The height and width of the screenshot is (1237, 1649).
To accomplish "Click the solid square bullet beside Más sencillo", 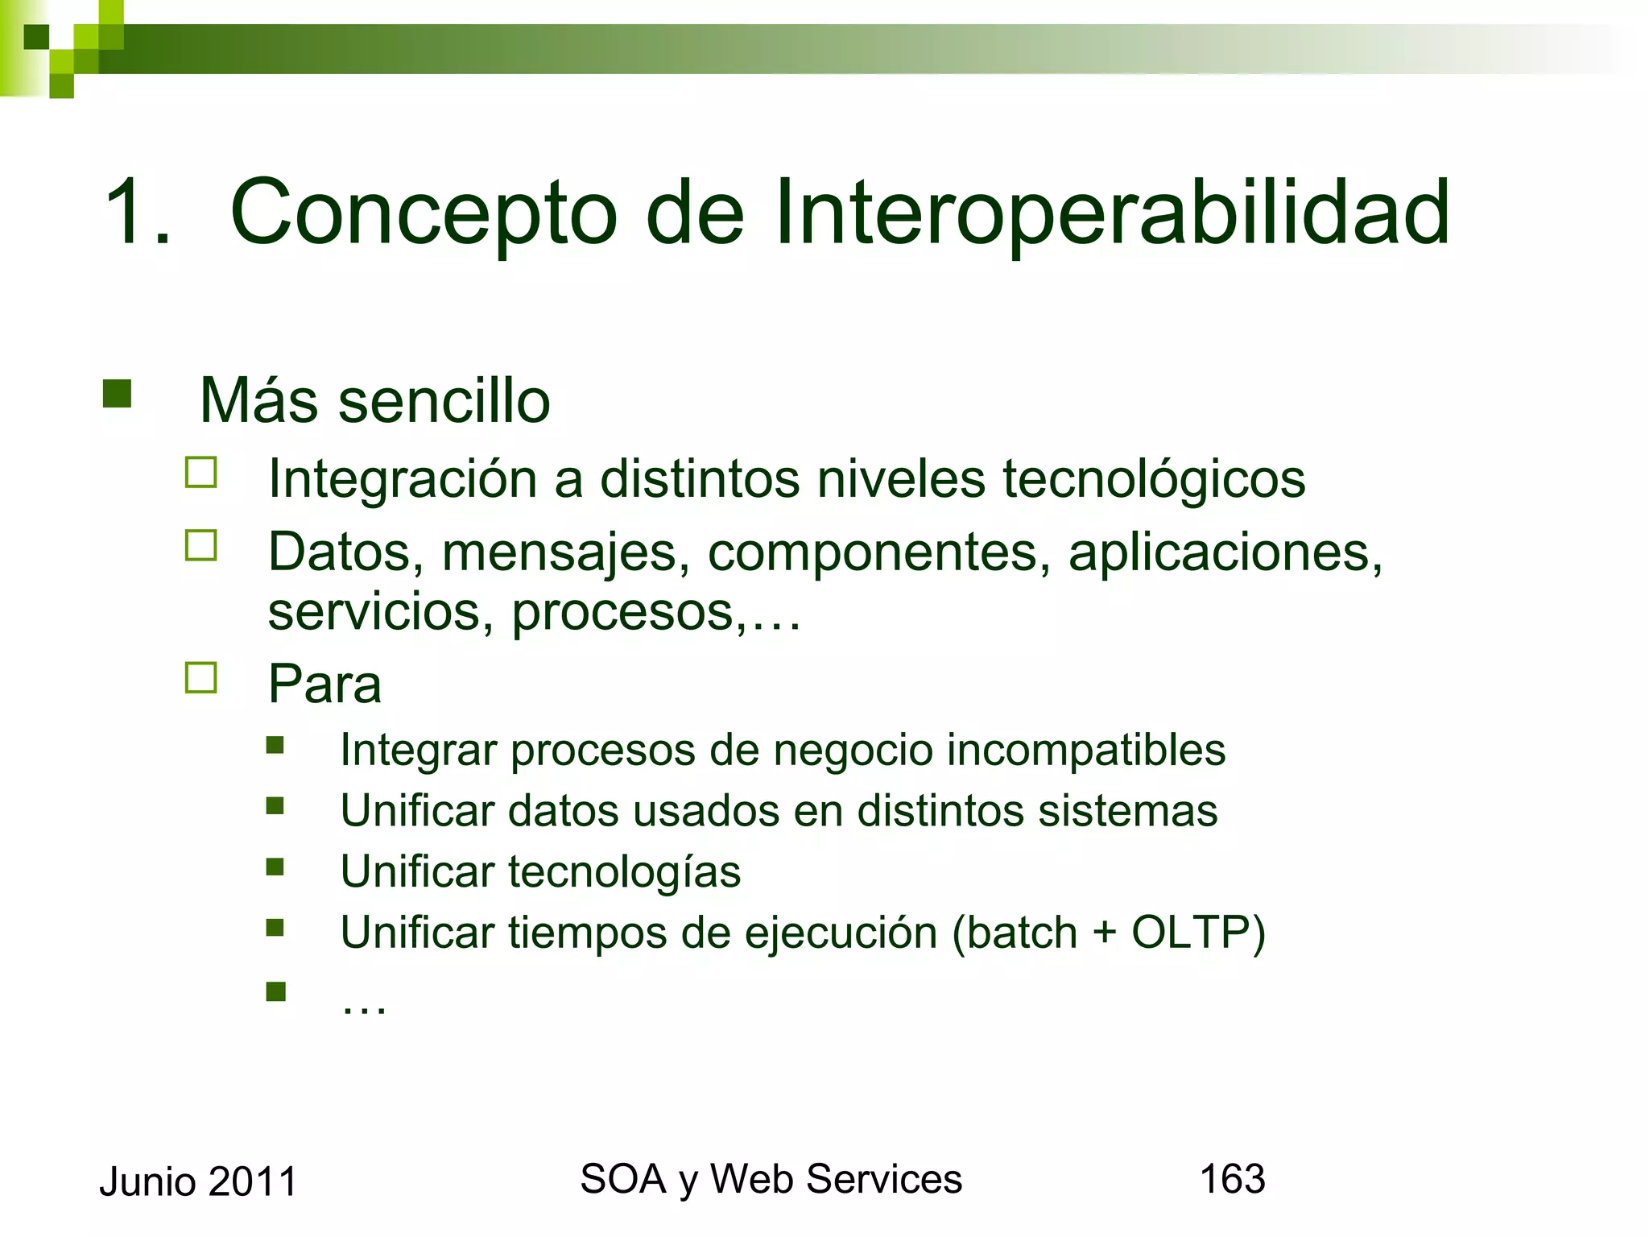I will [x=118, y=394].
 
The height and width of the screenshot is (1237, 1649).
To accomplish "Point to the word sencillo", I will [x=444, y=401].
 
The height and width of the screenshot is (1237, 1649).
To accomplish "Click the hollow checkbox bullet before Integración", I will [x=201, y=473].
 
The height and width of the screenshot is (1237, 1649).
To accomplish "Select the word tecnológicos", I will [x=1154, y=479].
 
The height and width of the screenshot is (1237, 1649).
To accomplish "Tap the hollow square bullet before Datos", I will [x=201, y=545].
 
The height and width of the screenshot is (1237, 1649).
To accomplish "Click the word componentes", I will [x=878, y=553].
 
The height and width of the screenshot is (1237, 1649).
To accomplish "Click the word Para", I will [x=324, y=685].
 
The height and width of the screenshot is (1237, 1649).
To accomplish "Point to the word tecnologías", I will [x=624, y=872].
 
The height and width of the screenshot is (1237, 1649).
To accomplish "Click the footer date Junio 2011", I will [x=198, y=1182].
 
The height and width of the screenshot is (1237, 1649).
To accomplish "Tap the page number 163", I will [x=1233, y=1179].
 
